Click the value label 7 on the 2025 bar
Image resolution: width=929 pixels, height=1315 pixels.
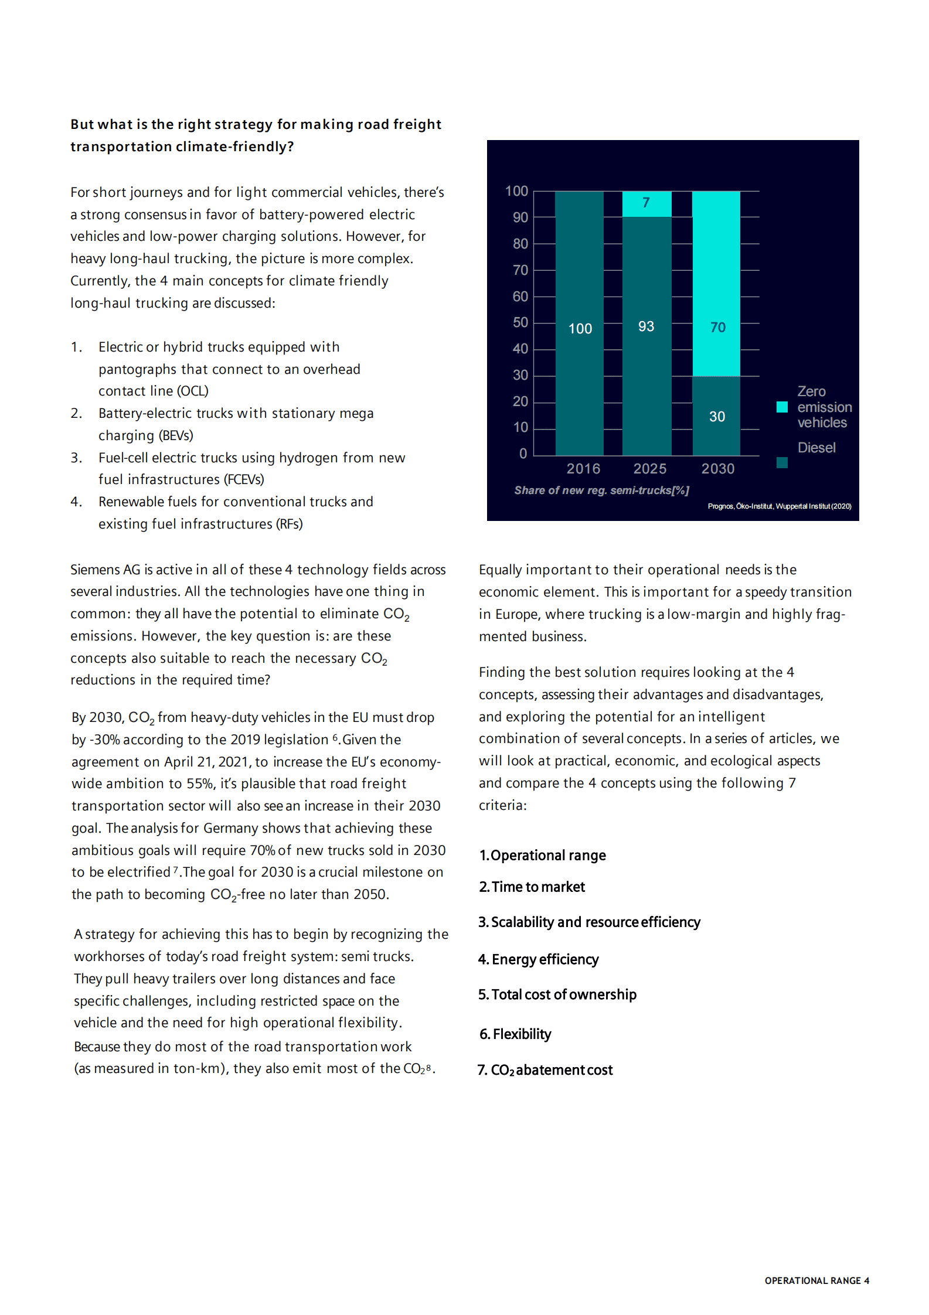click(x=646, y=203)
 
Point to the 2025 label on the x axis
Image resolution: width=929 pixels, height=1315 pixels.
click(x=649, y=469)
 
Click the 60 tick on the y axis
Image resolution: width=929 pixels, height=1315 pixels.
click(x=520, y=297)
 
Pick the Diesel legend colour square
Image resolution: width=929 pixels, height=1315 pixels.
click(x=782, y=463)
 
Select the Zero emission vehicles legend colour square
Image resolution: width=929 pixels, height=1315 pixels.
click(x=782, y=407)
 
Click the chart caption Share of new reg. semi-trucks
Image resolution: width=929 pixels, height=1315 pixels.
click(x=601, y=490)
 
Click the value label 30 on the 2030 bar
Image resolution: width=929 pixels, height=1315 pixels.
click(x=717, y=417)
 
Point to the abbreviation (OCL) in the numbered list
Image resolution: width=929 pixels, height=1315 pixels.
click(x=193, y=391)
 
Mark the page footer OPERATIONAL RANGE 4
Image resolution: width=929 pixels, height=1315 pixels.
click(x=816, y=1281)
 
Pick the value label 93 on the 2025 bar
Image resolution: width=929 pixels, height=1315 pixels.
click(x=646, y=326)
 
